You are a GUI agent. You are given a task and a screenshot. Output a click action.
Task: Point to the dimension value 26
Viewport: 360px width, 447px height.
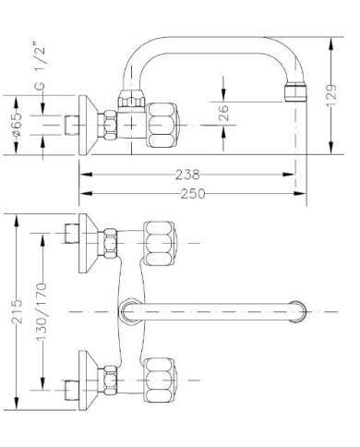point(224,115)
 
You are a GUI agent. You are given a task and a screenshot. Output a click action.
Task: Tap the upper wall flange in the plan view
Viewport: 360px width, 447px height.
point(87,241)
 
